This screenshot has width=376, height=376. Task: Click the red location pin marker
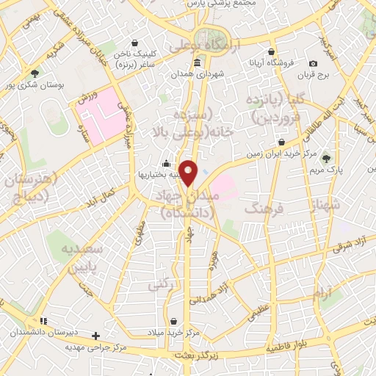pos(189,173)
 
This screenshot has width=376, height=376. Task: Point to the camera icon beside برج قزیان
pos(314,64)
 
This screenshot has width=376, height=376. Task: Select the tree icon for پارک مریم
pos(327,158)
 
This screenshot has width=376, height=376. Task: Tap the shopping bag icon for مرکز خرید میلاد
pos(173,321)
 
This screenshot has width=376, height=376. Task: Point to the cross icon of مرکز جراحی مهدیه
pos(95,336)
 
